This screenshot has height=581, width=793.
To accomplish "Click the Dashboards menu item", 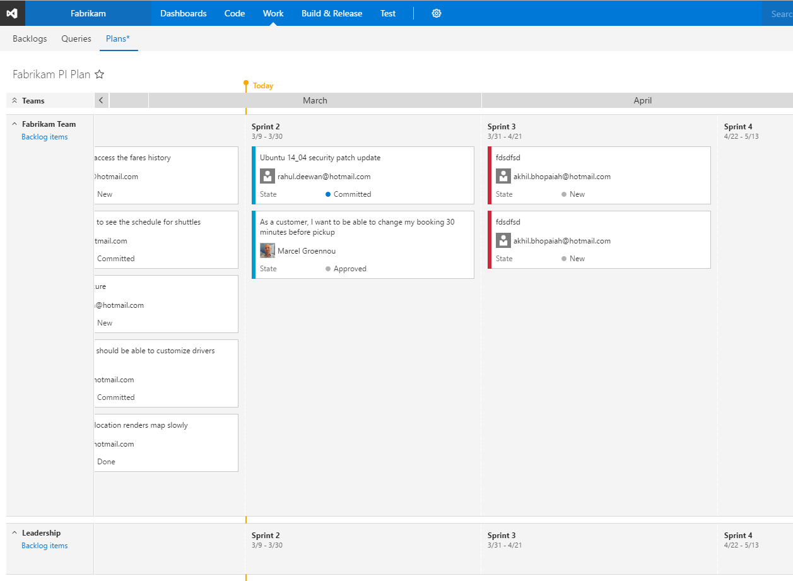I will (183, 13).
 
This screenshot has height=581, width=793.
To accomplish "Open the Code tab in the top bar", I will (235, 13).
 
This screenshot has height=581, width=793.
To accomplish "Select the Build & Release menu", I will (332, 13).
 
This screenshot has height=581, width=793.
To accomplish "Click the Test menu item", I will (388, 13).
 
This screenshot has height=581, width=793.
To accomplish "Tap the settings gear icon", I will (437, 13).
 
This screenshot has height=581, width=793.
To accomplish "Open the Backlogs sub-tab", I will (30, 39).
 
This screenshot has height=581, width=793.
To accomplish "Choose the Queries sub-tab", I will (76, 39).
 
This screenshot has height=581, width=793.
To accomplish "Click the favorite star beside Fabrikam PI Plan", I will (100, 74).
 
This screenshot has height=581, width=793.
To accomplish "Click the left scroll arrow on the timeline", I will (101, 100).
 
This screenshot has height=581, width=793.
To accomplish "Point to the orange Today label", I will (263, 86).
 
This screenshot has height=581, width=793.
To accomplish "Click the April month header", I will (642, 101).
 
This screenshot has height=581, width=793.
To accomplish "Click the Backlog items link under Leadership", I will (44, 546).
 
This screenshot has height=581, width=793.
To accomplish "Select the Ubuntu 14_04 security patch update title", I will (320, 158).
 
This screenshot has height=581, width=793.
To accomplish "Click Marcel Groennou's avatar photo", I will (267, 251).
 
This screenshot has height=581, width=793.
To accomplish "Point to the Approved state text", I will (350, 269).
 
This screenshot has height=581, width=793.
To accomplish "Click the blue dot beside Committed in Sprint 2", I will (328, 194).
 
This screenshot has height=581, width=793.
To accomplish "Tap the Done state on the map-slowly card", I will (106, 462).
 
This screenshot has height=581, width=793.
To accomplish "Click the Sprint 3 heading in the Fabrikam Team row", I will (502, 127).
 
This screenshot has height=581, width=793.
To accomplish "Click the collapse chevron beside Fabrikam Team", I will (15, 124).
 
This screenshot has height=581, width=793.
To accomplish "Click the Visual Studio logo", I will (13, 13).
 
